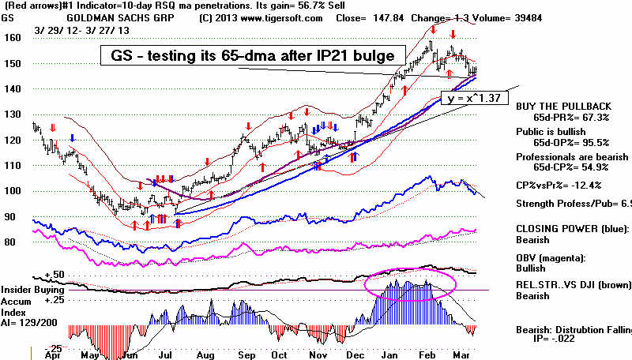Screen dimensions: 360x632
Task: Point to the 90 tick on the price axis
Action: (11, 216)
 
